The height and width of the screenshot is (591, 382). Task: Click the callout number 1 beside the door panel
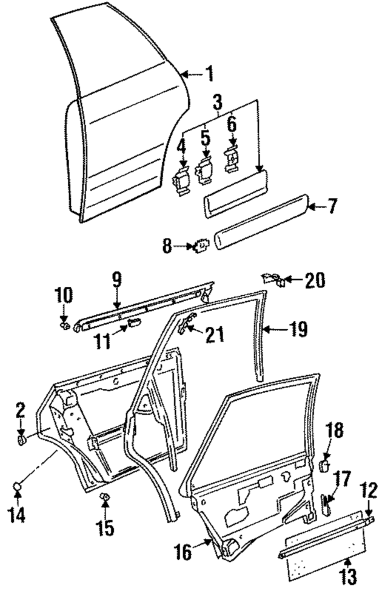click(x=209, y=75)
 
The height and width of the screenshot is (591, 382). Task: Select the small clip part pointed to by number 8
click(x=201, y=245)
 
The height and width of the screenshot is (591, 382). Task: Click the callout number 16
click(x=184, y=552)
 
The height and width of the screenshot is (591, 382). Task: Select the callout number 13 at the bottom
click(x=348, y=577)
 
